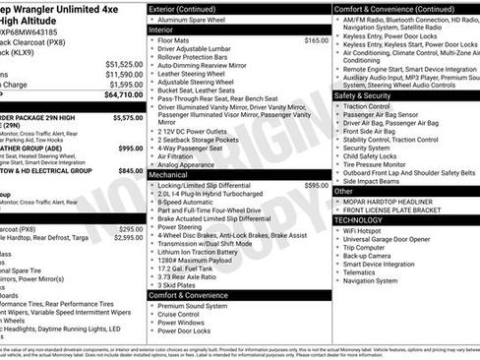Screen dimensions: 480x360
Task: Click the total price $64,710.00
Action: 123,95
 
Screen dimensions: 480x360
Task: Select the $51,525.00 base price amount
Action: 124,63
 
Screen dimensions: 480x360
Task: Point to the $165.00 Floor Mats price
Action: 316,40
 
